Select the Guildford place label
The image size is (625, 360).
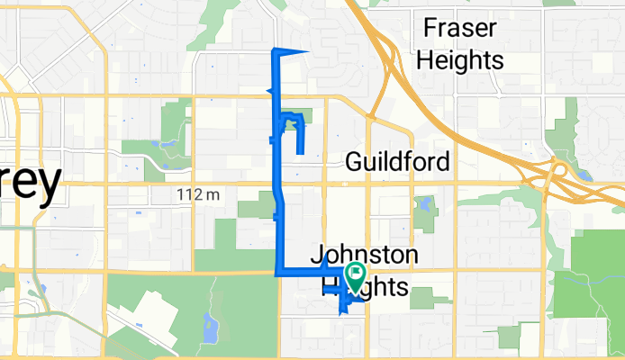pos(398,162)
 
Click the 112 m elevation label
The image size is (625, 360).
pos(199,193)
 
